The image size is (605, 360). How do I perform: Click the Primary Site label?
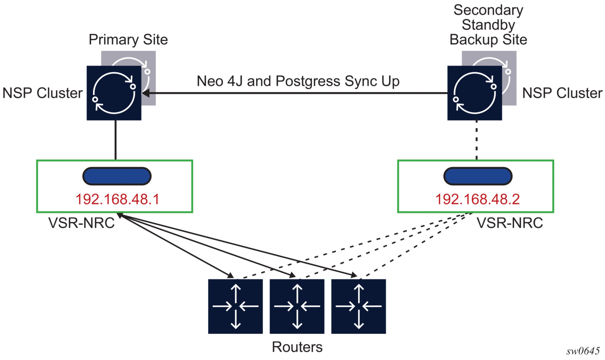(128, 40)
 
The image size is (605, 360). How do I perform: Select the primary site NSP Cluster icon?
(114, 93)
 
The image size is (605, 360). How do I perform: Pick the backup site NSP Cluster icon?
(475, 93)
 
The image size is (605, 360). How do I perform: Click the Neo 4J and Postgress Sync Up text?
(298, 82)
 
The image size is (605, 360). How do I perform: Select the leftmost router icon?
(236, 306)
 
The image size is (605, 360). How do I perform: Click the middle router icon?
(297, 306)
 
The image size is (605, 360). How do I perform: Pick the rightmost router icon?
(359, 306)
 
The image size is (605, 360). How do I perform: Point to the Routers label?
(297, 347)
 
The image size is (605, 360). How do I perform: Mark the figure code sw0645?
(583, 351)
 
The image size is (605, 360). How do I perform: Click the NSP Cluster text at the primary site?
(43, 93)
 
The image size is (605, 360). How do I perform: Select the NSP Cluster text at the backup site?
(562, 93)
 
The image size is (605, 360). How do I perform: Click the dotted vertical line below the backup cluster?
(476, 140)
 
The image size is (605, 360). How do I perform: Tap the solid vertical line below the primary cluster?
(115, 140)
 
